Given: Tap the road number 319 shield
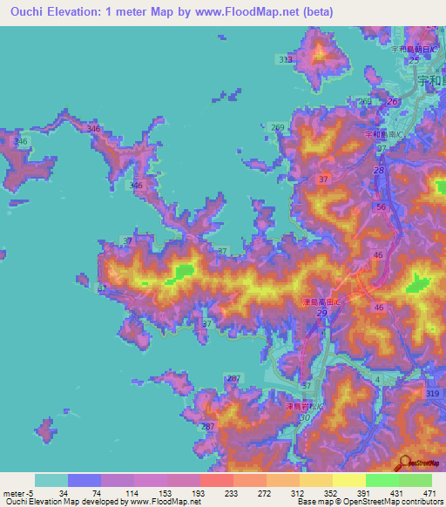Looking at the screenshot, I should [433, 394].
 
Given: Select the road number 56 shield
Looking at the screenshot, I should [382, 206].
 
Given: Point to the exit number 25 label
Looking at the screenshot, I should [401, 59].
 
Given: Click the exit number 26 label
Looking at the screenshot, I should [392, 102].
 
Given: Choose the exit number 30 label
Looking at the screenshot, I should [303, 418].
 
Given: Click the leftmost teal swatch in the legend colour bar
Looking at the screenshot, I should [51, 480].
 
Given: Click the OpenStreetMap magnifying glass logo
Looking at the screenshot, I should [406, 463].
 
